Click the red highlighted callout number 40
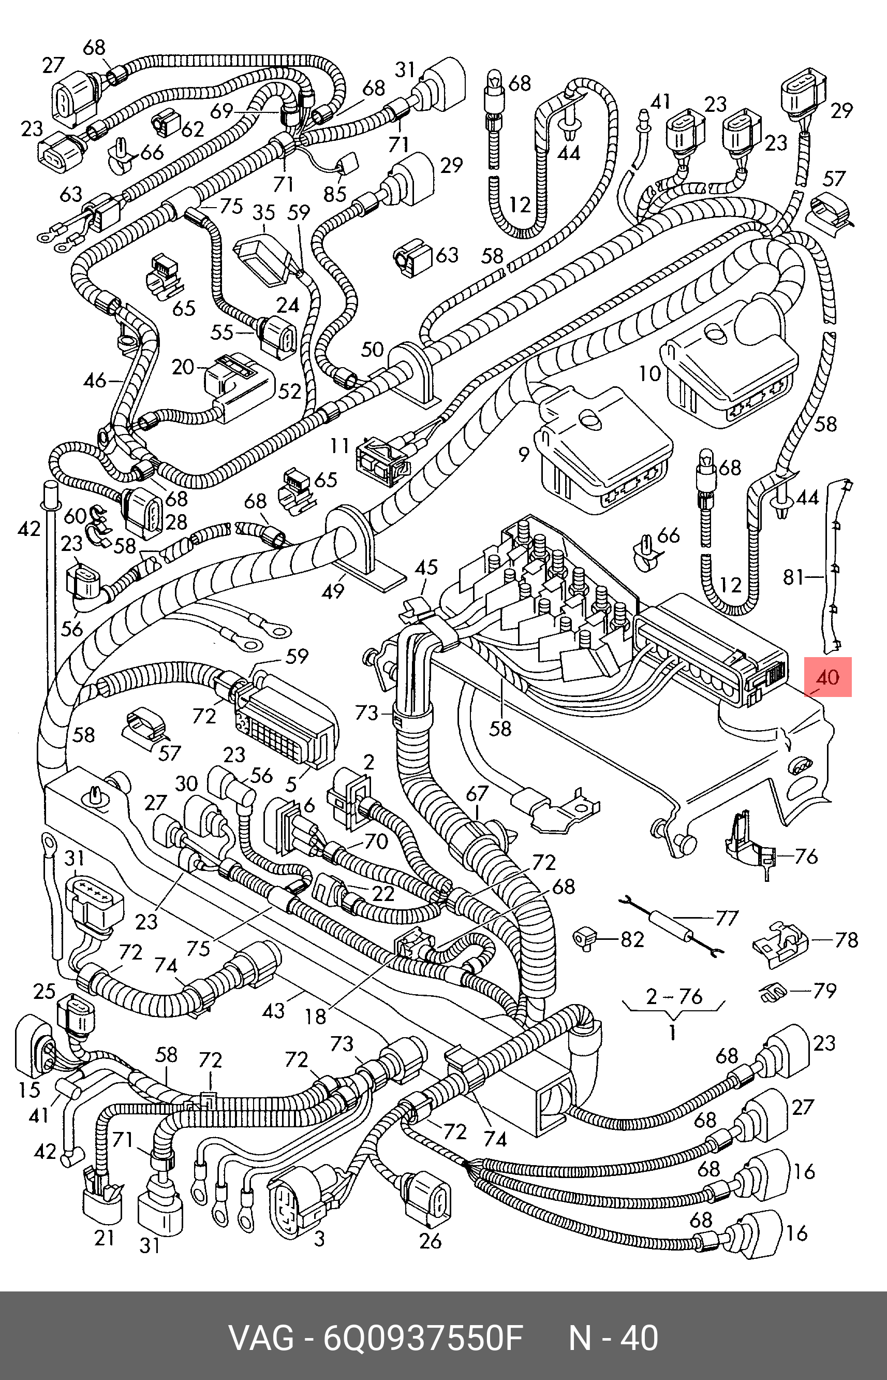[827, 676]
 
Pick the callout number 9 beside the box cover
[523, 455]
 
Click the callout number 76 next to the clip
[806, 856]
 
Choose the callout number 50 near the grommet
[372, 349]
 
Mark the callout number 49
[333, 591]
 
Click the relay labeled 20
[236, 380]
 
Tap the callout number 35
[264, 213]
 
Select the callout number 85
[335, 194]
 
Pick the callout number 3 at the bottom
[320, 1238]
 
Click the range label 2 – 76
[674, 996]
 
